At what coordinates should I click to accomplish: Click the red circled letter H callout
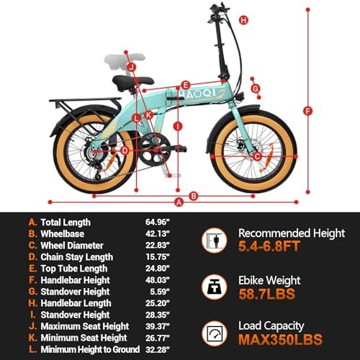243,20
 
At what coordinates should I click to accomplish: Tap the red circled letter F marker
307,111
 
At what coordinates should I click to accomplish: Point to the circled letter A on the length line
179,202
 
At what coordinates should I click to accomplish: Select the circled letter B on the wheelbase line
194,196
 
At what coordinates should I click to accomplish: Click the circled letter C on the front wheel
257,157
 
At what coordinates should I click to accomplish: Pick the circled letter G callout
256,89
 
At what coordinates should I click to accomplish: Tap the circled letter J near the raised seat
131,67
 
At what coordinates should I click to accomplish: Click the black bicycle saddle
133,82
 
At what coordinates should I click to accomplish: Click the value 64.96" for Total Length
158,222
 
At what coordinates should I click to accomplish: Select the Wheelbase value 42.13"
158,233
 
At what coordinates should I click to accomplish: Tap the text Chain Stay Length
77,257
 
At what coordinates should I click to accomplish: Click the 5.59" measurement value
160,292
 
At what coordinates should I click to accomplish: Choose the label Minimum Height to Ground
90,349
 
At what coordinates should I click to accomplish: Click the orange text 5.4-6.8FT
269,246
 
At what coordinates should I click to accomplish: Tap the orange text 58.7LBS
266,294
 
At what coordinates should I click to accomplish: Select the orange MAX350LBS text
280,339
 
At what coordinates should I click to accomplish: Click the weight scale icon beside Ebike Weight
215,287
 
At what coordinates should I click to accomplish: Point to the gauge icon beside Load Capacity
215,333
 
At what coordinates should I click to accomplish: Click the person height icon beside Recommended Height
215,240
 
